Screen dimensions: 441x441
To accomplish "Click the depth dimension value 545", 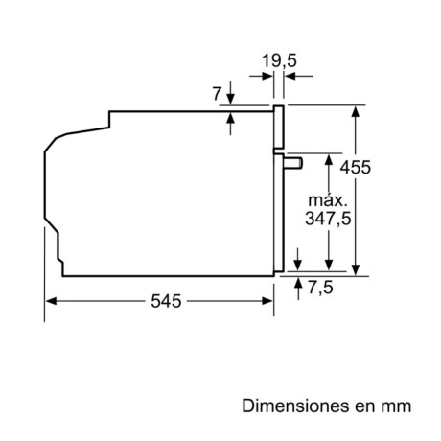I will pos(165,301).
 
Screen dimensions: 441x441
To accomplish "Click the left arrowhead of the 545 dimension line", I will pos(52,300).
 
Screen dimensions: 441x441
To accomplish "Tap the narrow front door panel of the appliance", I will pos(279,192).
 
